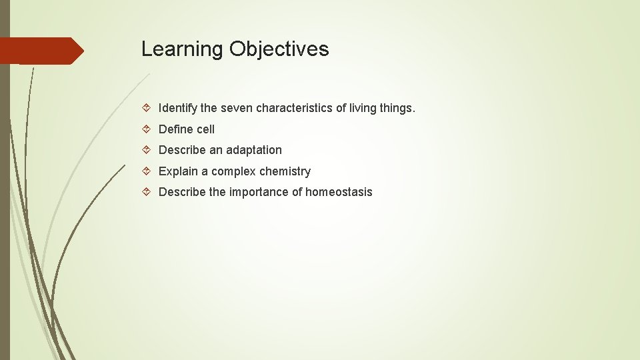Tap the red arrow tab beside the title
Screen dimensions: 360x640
pos(41,51)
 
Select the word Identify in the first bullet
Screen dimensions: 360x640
pos(177,108)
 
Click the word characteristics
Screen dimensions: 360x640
pos(295,108)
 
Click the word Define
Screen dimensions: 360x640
pos(175,129)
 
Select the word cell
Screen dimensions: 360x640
pos(205,129)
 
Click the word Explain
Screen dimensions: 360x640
pos(177,171)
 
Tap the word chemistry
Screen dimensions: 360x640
pos(285,171)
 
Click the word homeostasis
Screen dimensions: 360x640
pos(339,192)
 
